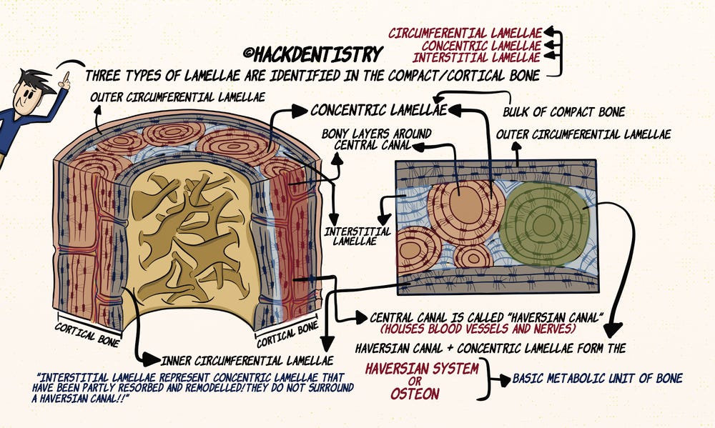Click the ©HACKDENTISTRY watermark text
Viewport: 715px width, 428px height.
(313, 54)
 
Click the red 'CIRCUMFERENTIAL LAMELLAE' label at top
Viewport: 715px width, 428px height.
(465, 32)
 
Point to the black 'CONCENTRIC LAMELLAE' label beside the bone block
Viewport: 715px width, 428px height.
(378, 110)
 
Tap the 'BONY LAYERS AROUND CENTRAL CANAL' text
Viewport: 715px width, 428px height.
(365, 139)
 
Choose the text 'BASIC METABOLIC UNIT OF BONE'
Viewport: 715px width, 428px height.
(597, 378)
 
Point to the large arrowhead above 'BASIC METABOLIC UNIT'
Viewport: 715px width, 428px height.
(611, 329)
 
